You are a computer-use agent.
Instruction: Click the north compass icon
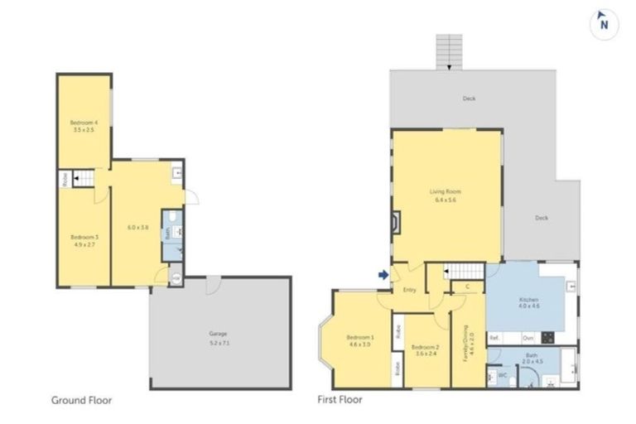604,24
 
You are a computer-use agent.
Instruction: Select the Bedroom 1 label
360,340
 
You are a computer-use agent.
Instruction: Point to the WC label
502,375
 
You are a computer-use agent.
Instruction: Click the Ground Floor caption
81,400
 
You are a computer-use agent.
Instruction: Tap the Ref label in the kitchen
494,338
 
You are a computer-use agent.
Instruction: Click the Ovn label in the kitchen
528,338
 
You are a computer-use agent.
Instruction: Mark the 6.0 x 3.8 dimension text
137,227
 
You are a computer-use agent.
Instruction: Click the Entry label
409,290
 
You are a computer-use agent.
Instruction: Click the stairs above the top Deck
448,51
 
